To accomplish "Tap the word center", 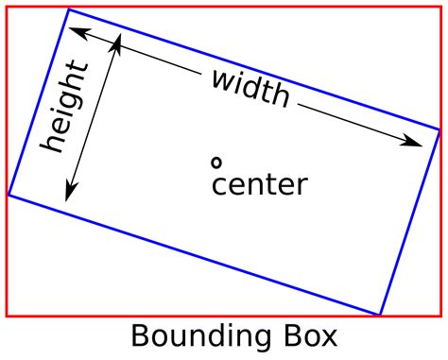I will (x=259, y=184).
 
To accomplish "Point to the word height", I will (x=65, y=108).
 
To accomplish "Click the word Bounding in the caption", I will (x=195, y=336).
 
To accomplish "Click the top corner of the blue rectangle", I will (x=69, y=9).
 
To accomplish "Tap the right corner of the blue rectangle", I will (x=439, y=129).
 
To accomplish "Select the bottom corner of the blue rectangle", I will (x=379, y=314).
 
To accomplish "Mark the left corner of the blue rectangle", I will (x=9, y=195).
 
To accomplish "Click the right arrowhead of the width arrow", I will (x=417, y=143).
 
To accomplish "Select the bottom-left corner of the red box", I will (x=7, y=316).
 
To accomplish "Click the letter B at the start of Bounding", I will (x=139, y=336).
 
